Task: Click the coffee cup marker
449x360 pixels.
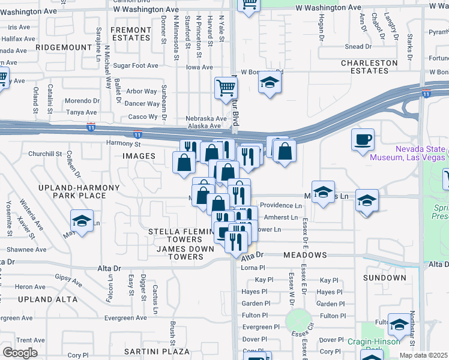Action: tap(363, 141)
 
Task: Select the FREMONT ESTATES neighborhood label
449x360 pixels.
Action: tap(130, 34)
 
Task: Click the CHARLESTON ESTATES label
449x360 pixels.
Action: tap(369, 67)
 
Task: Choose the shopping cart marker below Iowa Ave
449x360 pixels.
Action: tap(226, 88)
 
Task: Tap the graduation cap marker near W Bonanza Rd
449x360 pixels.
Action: tap(270, 83)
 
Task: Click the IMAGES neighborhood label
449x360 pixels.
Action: tap(139, 156)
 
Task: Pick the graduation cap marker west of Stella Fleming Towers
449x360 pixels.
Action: tap(82, 221)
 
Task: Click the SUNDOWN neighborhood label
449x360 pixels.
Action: tap(385, 278)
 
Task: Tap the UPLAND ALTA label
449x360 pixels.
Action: tap(56, 299)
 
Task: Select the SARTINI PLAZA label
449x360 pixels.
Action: tap(157, 351)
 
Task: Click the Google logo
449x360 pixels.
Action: tap(20, 352)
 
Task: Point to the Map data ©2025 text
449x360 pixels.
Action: tap(423, 355)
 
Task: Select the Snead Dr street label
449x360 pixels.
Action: tap(358, 47)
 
